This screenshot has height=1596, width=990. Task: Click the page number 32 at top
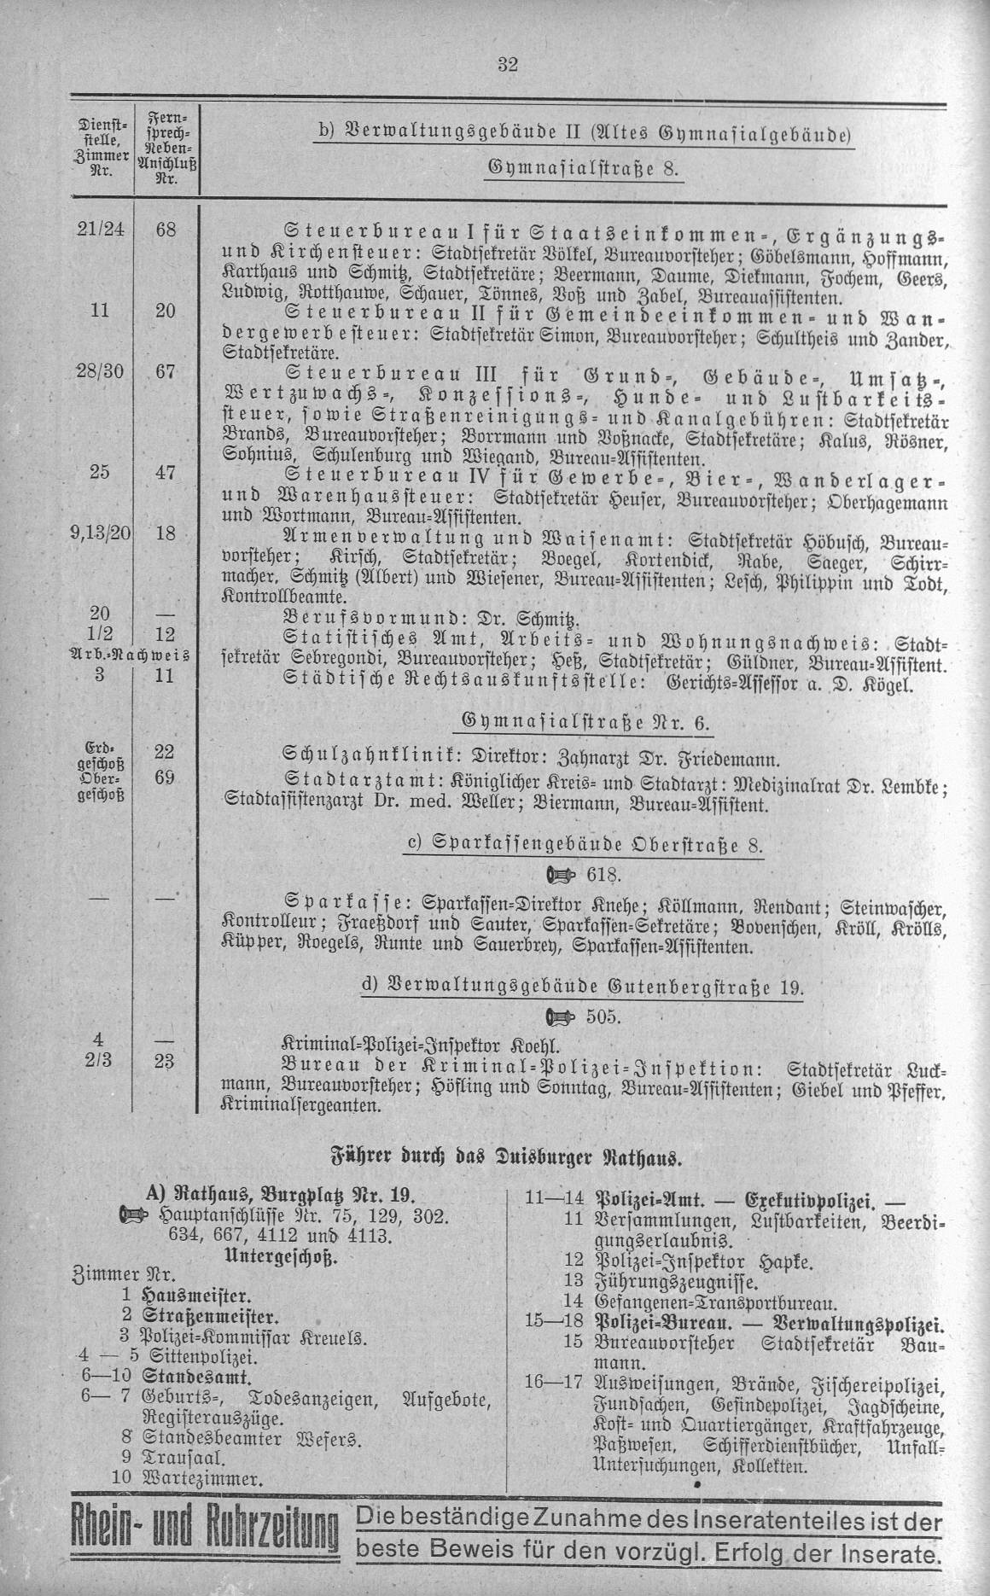[x=510, y=65]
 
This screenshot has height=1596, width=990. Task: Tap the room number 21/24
[x=98, y=230]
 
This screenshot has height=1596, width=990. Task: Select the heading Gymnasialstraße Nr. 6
[x=584, y=723]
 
